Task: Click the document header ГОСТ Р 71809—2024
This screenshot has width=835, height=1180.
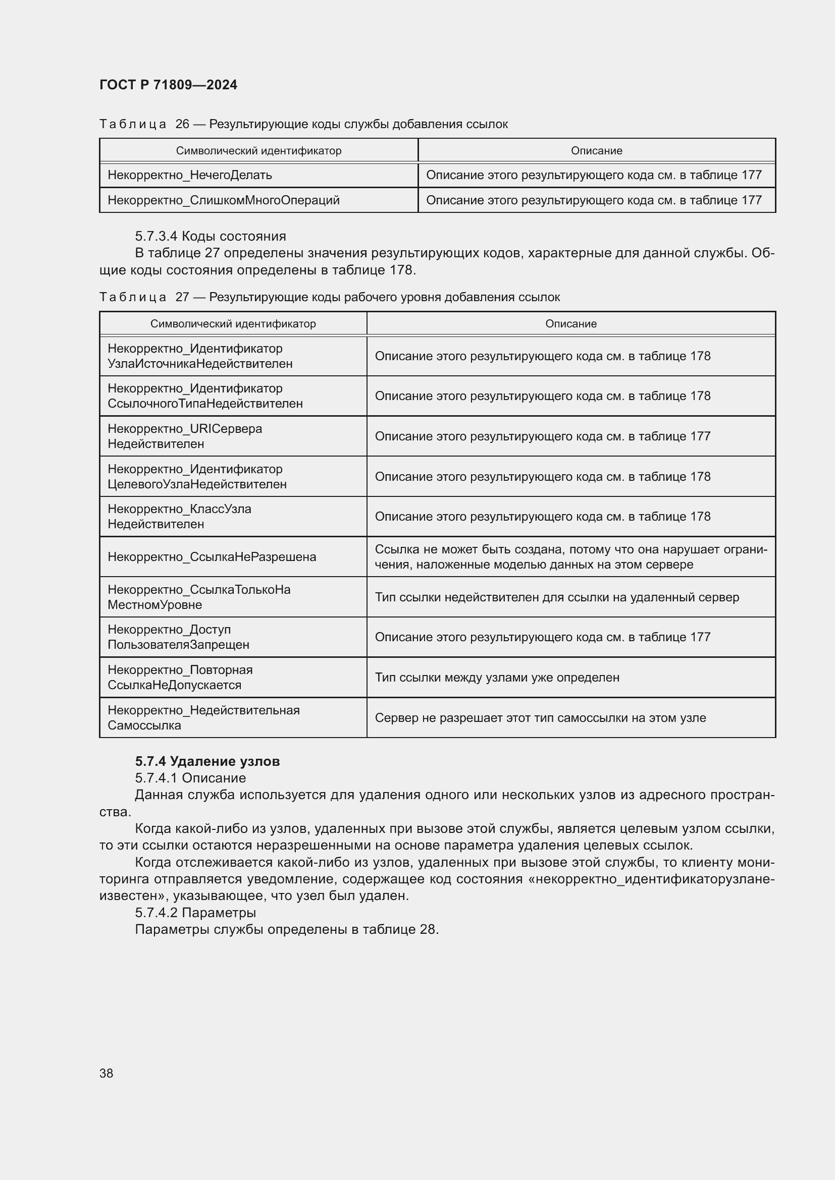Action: point(168,85)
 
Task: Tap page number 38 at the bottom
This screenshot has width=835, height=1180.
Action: point(107,1073)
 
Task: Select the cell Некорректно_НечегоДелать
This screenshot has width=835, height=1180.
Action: point(190,175)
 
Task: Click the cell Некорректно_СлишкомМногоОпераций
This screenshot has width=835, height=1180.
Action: point(224,200)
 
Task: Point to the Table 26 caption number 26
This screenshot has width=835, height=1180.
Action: point(182,125)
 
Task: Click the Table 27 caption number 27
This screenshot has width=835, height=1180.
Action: point(182,298)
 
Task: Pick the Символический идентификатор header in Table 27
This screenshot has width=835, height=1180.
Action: point(233,324)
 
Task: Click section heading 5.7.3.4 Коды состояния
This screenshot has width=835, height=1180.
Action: point(211,237)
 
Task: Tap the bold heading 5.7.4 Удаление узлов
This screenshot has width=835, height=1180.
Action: point(207,761)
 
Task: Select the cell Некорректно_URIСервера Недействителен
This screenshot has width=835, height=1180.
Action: point(185,436)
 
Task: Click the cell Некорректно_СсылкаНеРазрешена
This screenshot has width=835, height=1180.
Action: point(212,557)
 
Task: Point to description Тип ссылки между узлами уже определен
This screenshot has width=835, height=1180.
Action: point(497,678)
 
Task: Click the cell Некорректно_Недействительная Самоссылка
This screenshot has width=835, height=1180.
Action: point(203,718)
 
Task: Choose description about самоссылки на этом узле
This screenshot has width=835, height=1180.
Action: point(540,718)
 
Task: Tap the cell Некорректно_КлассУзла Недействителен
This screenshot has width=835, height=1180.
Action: point(179,517)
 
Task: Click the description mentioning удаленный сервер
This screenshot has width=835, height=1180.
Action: point(556,597)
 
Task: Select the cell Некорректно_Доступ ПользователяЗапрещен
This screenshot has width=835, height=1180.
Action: point(178,637)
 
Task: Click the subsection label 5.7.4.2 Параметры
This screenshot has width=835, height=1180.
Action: point(195,913)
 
